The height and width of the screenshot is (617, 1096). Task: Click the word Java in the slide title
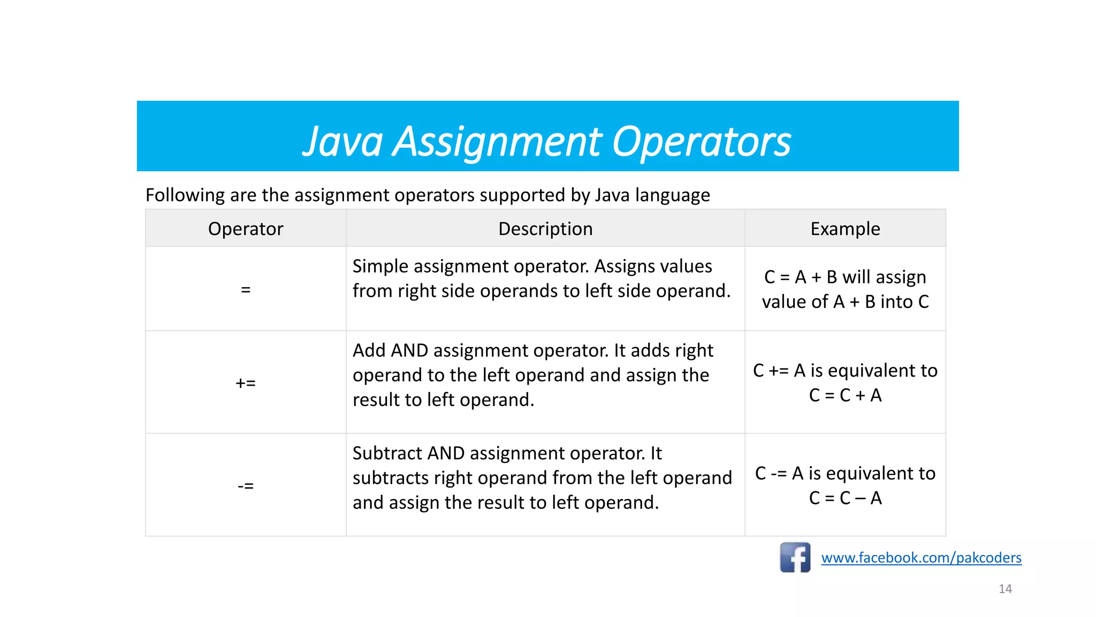click(343, 142)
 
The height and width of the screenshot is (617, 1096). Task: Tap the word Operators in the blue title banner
click(701, 142)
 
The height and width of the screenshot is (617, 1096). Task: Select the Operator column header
click(246, 229)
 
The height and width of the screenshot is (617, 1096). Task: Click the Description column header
click(545, 229)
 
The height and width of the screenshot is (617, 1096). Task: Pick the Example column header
click(845, 229)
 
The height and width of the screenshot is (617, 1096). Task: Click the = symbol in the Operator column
click(246, 290)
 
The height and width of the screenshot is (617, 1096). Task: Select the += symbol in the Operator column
click(246, 383)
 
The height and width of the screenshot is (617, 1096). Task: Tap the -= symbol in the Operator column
click(246, 486)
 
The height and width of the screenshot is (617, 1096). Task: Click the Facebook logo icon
click(795, 558)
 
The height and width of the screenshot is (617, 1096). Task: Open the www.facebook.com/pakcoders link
click(921, 558)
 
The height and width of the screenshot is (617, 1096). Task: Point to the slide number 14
click(1005, 589)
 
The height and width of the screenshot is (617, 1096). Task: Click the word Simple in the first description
click(380, 266)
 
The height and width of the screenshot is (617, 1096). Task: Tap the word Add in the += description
click(369, 350)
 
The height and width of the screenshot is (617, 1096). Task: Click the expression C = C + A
click(845, 395)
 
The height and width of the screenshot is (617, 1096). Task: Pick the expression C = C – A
click(845, 498)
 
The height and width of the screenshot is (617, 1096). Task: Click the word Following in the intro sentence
click(185, 195)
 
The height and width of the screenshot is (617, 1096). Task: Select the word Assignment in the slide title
click(498, 142)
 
